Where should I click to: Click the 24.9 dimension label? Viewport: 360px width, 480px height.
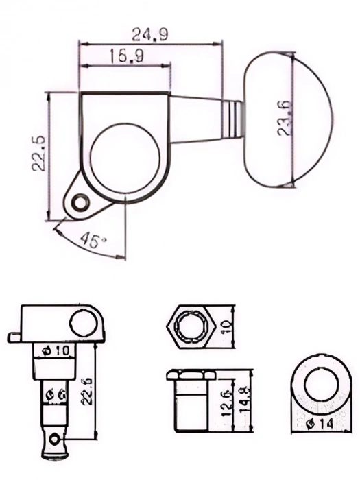(x=150, y=34)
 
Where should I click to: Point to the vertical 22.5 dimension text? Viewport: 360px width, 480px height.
(x=38, y=152)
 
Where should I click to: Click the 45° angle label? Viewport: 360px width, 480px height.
(x=93, y=240)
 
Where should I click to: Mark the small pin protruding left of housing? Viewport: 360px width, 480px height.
(x=16, y=335)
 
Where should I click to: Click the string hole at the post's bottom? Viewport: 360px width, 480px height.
(x=53, y=435)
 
